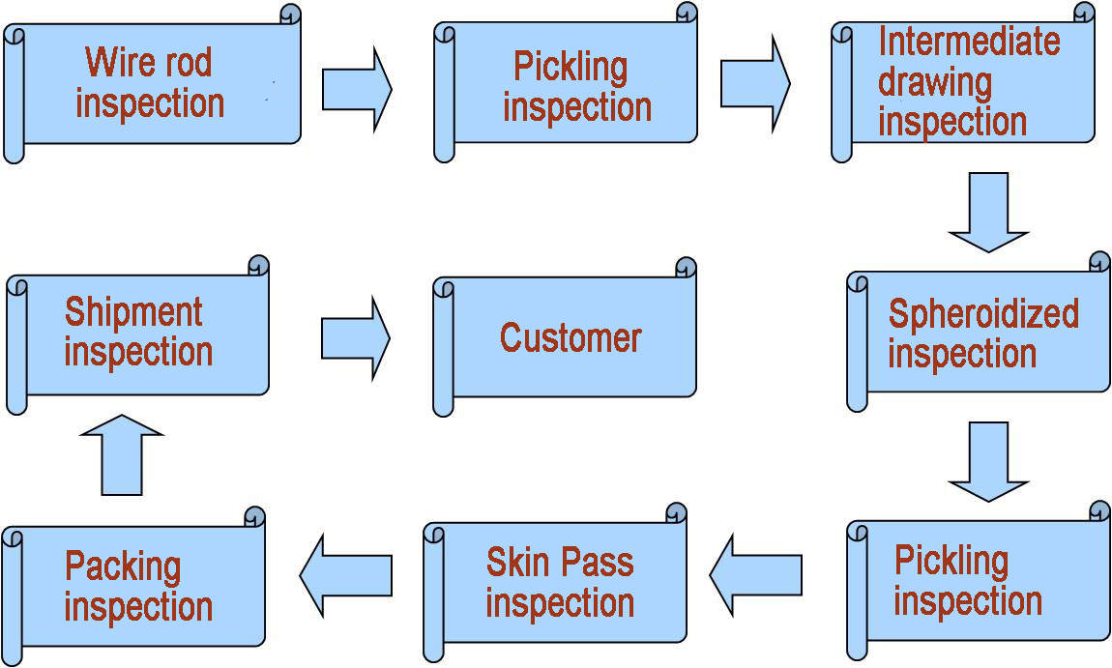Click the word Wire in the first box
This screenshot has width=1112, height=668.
pyautogui.click(x=112, y=62)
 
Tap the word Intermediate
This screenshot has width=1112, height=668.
pyautogui.click(x=968, y=42)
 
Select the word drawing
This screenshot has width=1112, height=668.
pyautogui.click(x=934, y=83)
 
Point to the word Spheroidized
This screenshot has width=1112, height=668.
pyautogui.click(x=982, y=314)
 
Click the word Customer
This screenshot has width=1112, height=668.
pyautogui.click(x=571, y=337)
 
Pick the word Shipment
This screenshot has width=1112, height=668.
pyautogui.click(x=133, y=312)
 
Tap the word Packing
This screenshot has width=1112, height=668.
pyautogui.click(x=123, y=566)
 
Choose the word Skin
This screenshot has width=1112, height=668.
pyautogui.click(x=518, y=562)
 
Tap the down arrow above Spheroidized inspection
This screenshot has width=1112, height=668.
pyautogui.click(x=988, y=212)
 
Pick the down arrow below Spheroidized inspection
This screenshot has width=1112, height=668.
pyautogui.click(x=988, y=460)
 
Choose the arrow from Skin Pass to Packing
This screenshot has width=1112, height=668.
pyautogui.click(x=345, y=575)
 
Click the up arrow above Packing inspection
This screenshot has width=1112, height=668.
pyautogui.click(x=122, y=454)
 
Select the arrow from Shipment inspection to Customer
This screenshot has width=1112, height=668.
pyautogui.click(x=355, y=338)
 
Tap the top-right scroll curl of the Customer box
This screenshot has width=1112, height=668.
pyautogui.click(x=686, y=268)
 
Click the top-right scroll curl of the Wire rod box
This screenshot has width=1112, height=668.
pyautogui.click(x=290, y=15)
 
